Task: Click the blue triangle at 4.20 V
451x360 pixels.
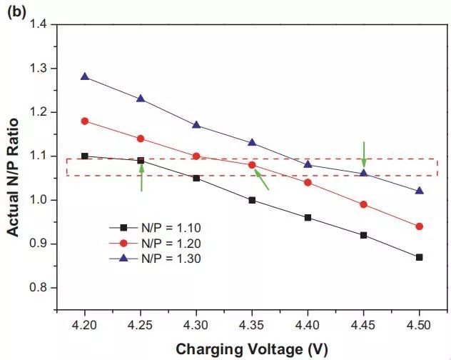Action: [x=85, y=76]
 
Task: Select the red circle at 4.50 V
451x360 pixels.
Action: [x=419, y=226]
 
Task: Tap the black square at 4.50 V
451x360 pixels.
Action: [x=419, y=257]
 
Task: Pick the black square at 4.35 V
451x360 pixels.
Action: [x=252, y=200]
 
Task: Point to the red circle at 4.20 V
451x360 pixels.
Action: [x=85, y=121]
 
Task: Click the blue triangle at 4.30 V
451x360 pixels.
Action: [x=196, y=125]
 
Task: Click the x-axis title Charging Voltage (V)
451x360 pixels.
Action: [x=252, y=349]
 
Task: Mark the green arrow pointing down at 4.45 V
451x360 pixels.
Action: [x=363, y=154]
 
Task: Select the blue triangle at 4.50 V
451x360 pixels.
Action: [x=419, y=191]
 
